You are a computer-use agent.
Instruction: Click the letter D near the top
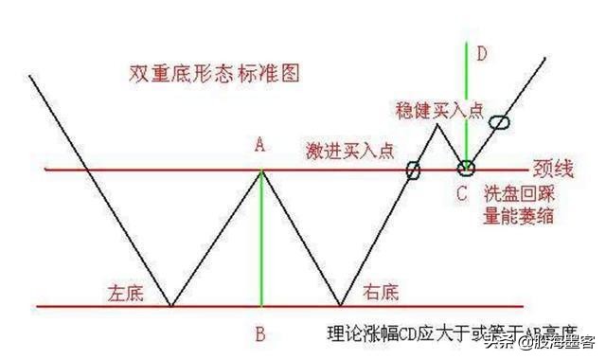481,54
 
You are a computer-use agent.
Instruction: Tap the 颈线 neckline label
555,171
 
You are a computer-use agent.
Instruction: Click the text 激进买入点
349,152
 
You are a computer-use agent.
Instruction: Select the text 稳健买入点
439,110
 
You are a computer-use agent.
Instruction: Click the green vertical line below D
467,104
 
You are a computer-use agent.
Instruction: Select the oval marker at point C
466,169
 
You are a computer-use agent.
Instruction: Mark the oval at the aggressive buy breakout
413,171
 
